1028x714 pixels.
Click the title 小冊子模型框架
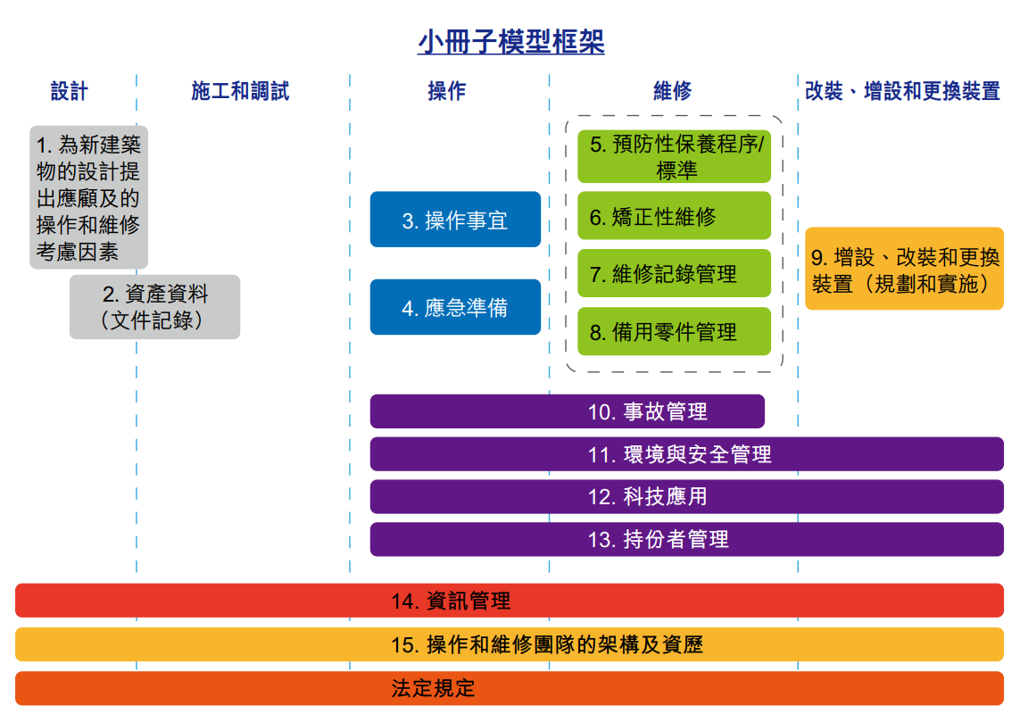(x=510, y=41)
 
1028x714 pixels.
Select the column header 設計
(x=69, y=90)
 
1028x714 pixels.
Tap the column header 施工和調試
(x=240, y=90)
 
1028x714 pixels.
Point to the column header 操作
(x=446, y=90)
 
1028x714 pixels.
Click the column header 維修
(x=672, y=90)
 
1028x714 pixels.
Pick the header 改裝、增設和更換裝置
(x=902, y=90)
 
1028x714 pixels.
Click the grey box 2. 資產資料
(x=154, y=307)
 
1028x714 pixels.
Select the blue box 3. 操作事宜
(x=455, y=220)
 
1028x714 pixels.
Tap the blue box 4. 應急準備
(x=455, y=308)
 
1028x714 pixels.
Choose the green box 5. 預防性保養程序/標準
(x=674, y=157)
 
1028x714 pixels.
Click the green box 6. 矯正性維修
(x=674, y=216)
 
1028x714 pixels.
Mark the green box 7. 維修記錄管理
(x=674, y=273)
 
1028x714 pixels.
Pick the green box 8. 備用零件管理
(x=674, y=331)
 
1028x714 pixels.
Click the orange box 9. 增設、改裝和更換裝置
(x=904, y=268)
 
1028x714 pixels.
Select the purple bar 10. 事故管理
(x=568, y=411)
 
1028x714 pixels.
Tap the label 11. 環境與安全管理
(x=679, y=454)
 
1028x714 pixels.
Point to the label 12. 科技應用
(x=647, y=497)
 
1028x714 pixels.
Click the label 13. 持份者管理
(x=658, y=540)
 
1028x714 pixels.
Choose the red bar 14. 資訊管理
(x=510, y=601)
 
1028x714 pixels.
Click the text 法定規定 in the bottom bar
(x=433, y=688)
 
